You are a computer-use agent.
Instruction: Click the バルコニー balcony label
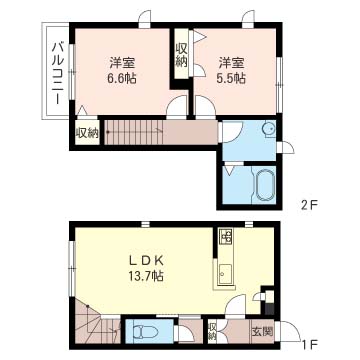(57, 73)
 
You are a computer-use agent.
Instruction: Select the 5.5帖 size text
(231, 79)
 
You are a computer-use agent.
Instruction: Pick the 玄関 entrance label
(263, 331)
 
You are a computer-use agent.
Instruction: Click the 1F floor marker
(309, 343)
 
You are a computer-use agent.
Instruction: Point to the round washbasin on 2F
(269, 128)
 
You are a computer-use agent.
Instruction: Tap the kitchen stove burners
(226, 236)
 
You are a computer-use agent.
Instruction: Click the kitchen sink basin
(225, 272)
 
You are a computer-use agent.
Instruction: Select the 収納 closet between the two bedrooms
(182, 54)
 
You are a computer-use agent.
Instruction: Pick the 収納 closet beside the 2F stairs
(87, 132)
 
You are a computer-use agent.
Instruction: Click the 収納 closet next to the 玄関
(212, 331)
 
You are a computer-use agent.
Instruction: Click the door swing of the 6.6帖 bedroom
(177, 107)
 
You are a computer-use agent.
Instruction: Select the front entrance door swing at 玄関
(289, 331)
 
